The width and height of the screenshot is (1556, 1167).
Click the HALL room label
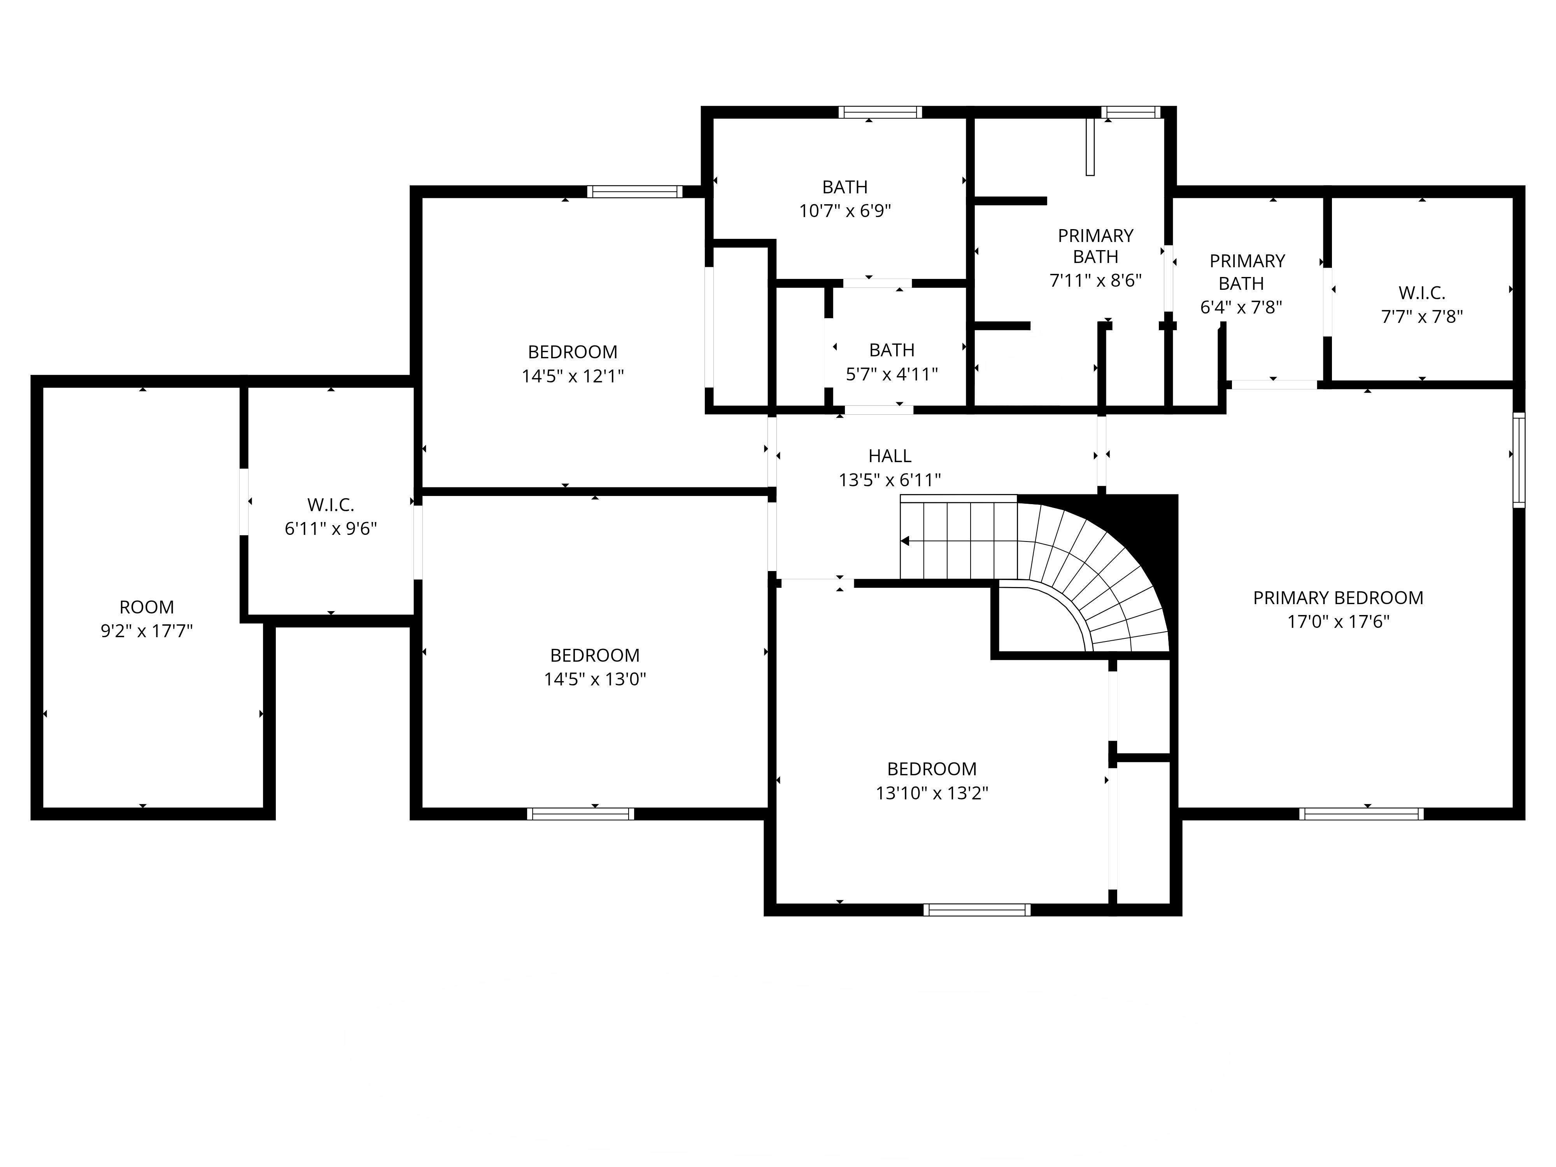point(890,456)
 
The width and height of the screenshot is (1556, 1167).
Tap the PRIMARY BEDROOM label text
point(1338,598)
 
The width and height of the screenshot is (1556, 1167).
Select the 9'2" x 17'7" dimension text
point(146,631)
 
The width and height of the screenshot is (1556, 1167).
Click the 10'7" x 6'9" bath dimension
point(845,211)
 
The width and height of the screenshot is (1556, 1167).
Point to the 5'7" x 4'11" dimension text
point(892,374)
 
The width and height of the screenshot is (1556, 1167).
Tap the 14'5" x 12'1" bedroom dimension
point(573,376)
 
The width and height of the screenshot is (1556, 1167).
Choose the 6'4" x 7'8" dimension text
point(1241,307)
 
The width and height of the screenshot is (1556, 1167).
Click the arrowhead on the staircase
point(905,541)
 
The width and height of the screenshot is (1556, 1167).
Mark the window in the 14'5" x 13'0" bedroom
point(580,814)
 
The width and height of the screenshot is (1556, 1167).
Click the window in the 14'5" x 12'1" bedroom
point(634,191)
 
